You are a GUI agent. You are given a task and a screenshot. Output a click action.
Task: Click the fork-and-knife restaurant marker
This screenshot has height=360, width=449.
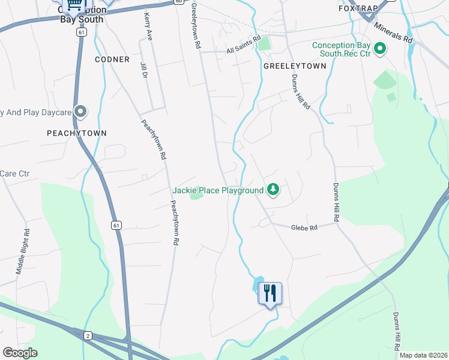click(270, 293)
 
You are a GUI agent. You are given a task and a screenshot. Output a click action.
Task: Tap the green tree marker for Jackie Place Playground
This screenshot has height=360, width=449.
click(273, 190)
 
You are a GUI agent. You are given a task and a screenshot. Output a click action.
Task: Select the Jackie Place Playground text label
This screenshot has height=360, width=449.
click(218, 191)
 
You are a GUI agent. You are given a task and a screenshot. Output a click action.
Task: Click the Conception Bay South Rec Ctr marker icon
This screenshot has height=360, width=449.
click(379, 49)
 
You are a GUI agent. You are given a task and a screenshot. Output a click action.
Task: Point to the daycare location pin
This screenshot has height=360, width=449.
click(82, 112)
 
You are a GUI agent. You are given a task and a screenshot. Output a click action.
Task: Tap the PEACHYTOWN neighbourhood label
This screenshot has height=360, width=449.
click(77, 133)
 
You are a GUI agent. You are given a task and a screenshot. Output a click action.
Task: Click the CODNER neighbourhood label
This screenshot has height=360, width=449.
click(112, 59)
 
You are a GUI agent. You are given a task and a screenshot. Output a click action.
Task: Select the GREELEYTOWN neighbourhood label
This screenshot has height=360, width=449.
click(295, 66)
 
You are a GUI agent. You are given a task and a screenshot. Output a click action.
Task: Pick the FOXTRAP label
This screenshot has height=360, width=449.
click(360, 9)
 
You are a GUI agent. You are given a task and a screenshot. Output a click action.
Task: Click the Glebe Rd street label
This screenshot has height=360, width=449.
click(303, 227)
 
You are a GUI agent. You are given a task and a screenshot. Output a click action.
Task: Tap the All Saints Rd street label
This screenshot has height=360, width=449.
click(244, 46)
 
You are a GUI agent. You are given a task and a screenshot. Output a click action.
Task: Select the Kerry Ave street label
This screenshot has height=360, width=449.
click(146, 28)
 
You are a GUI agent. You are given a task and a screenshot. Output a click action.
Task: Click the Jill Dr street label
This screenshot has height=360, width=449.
click(143, 70)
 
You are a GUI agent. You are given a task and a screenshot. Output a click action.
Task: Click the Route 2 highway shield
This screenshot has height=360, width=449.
click(88, 335)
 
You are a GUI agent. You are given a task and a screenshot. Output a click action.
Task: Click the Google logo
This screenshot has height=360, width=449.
click(20, 353)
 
